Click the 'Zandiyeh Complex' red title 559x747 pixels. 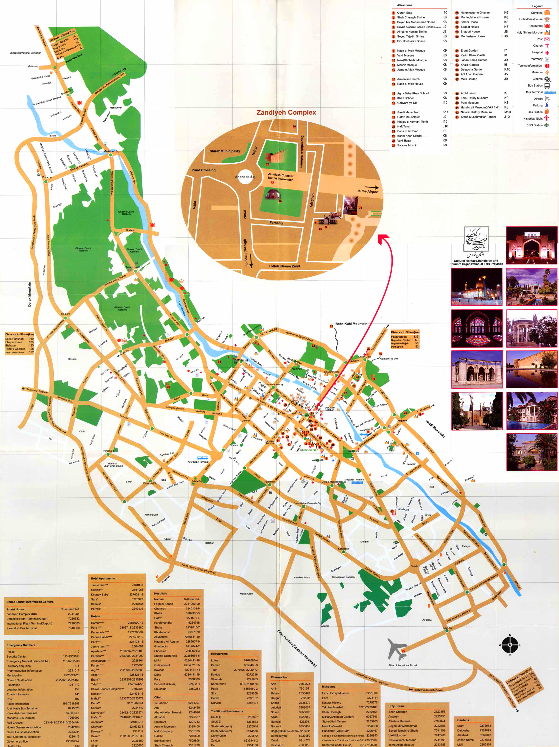coord(286,113)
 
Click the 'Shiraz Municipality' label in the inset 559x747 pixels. coord(225,151)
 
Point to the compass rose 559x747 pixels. coord(510,644)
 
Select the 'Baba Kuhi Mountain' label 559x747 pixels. coord(351,324)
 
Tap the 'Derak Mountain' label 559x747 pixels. coord(29,294)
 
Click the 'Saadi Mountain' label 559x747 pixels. coord(435,428)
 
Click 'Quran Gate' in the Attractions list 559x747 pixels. coord(404,13)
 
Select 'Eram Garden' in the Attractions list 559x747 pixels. coord(469,50)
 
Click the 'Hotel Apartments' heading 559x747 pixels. coord(103,578)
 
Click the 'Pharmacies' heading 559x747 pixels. coord(279,677)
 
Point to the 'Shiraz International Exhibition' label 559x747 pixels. coord(25,53)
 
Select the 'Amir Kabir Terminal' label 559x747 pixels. coord(198,462)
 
